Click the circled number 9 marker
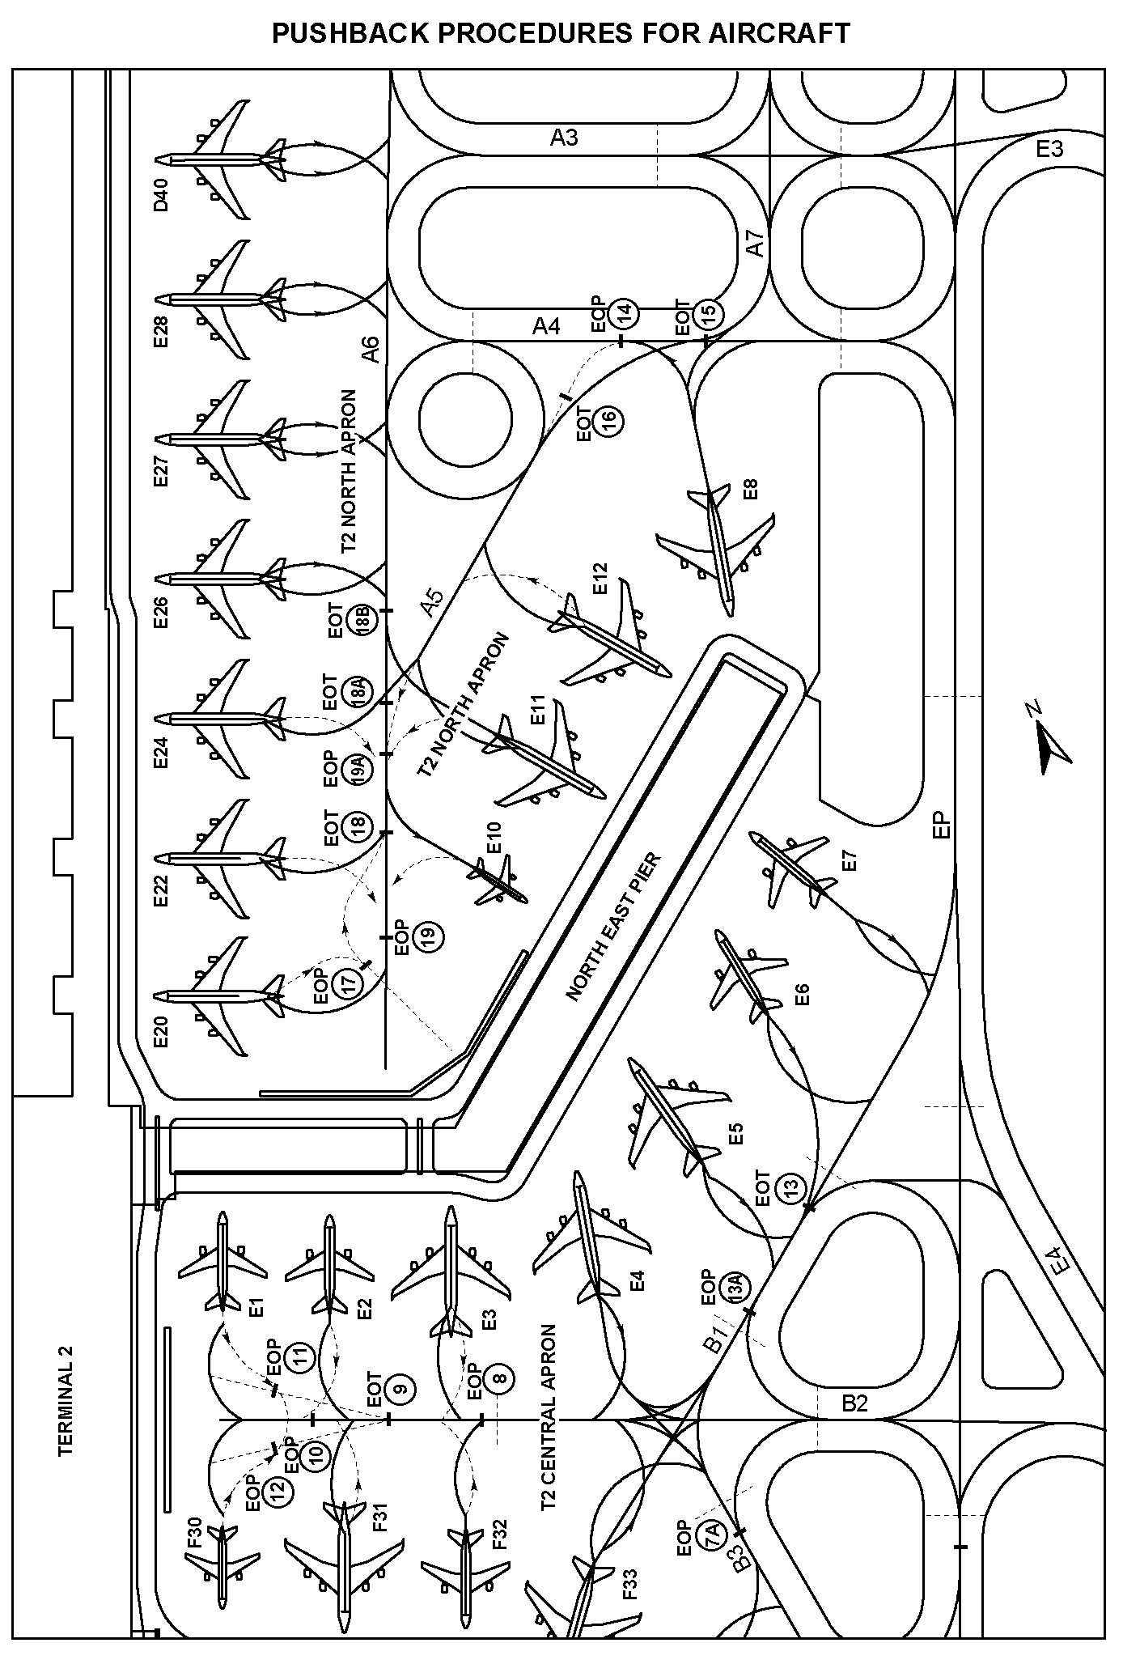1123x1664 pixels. pyautogui.click(x=399, y=1390)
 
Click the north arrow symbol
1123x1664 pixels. pyautogui.click(x=1049, y=742)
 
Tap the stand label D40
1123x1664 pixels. pyautogui.click(x=161, y=194)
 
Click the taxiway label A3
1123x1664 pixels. pyautogui.click(x=564, y=138)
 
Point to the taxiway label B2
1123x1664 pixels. pyautogui.click(x=854, y=1403)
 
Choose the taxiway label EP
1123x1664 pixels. pyautogui.click(x=941, y=825)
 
